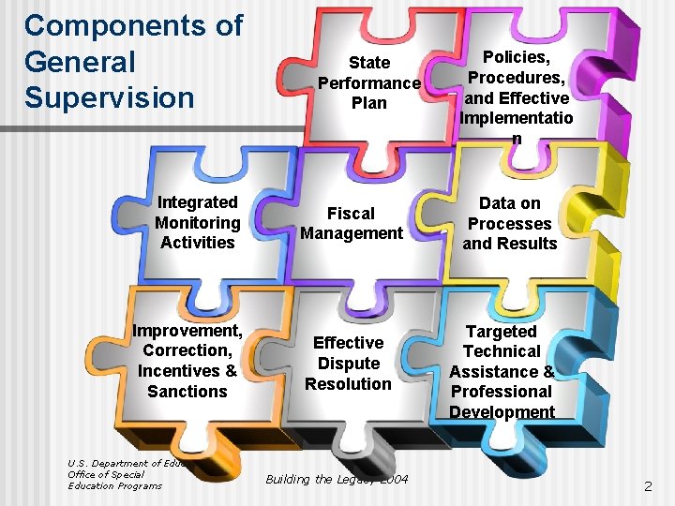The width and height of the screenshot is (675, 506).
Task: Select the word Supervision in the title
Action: pyautogui.click(x=109, y=97)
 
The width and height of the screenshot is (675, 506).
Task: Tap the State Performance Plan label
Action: pyautogui.click(x=368, y=82)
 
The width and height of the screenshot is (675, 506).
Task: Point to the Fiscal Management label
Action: pyautogui.click(x=352, y=223)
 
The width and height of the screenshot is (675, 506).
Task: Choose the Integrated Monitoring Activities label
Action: pyautogui.click(x=197, y=222)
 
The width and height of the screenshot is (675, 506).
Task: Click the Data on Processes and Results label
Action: pyautogui.click(x=510, y=223)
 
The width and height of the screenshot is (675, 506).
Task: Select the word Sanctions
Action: pyautogui.click(x=187, y=391)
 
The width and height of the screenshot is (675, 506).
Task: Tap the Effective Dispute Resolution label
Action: pyautogui.click(x=348, y=363)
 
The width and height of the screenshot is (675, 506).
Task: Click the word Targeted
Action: pyautogui.click(x=502, y=331)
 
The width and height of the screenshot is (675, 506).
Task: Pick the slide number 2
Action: pyautogui.click(x=647, y=486)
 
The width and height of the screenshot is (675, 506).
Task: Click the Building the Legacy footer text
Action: pyautogui.click(x=336, y=480)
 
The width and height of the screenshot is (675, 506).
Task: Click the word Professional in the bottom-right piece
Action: pyautogui.click(x=502, y=391)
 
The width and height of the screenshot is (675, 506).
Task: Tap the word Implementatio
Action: pyautogui.click(x=517, y=118)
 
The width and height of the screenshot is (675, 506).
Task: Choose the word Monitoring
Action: pyautogui.click(x=197, y=222)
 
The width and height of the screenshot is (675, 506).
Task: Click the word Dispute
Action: pyautogui.click(x=349, y=363)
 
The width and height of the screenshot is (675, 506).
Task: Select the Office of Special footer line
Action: pyautogui.click(x=107, y=474)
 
